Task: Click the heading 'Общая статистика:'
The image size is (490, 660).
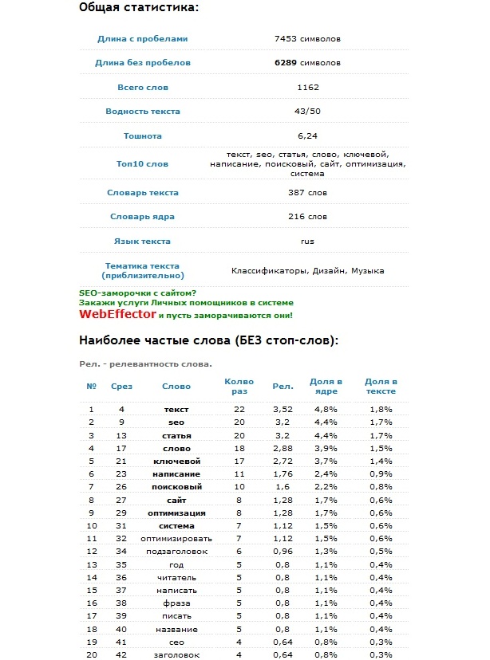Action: pyautogui.click(x=139, y=7)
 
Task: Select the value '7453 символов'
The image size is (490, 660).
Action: pyautogui.click(x=307, y=38)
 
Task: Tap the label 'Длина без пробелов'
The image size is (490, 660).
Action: pyautogui.click(x=143, y=62)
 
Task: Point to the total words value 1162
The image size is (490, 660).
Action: pyautogui.click(x=307, y=87)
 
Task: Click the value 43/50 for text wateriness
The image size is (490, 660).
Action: pyautogui.click(x=307, y=111)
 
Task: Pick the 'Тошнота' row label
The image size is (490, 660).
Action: pyautogui.click(x=143, y=136)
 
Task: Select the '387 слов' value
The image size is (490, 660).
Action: pyautogui.click(x=307, y=193)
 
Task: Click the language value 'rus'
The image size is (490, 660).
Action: pyautogui.click(x=307, y=241)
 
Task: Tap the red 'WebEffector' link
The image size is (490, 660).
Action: pyautogui.click(x=117, y=314)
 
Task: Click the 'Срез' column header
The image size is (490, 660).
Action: pyautogui.click(x=122, y=387)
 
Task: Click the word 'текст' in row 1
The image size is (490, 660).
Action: pyautogui.click(x=176, y=409)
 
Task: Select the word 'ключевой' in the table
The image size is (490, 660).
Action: pyautogui.click(x=176, y=461)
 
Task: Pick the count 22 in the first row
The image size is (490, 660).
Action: pyautogui.click(x=238, y=409)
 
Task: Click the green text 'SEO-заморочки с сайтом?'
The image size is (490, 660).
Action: pyautogui.click(x=137, y=293)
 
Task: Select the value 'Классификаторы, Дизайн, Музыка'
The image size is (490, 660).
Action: pyautogui.click(x=307, y=271)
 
